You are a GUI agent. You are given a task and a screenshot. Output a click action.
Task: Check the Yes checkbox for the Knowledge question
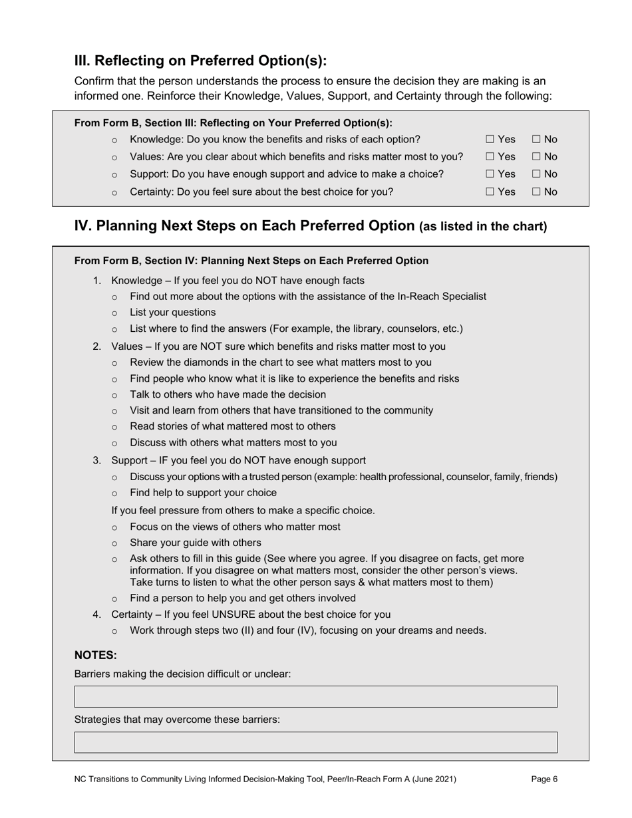[x=490, y=140]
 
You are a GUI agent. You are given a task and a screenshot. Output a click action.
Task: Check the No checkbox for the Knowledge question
[x=536, y=140]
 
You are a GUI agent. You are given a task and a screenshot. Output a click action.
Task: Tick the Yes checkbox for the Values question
[x=490, y=157]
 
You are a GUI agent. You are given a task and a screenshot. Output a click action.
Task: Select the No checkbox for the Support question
[x=536, y=174]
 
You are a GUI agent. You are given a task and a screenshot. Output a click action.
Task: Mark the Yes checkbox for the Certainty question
[x=490, y=192]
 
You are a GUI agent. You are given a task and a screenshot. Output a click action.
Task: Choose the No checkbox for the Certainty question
[x=536, y=192]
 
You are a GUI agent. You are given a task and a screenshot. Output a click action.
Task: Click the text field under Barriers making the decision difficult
[x=315, y=696]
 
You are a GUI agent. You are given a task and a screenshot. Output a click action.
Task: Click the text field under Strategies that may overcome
[x=315, y=742]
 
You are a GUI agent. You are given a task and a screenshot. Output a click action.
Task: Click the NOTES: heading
[x=95, y=655]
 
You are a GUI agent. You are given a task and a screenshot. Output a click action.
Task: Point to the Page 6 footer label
[x=544, y=779]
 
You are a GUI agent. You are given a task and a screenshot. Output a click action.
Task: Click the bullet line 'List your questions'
[x=172, y=313]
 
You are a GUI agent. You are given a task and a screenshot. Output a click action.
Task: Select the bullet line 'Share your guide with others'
[x=195, y=543]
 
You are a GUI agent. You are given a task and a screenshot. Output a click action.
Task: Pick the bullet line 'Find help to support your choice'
[x=203, y=493]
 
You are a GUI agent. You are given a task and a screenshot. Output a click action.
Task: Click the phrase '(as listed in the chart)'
[x=483, y=227]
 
